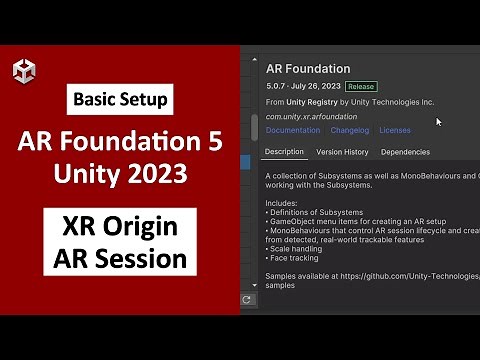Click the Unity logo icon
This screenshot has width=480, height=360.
pyautogui.click(x=23, y=71)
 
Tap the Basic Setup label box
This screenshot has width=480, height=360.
pyautogui.click(x=121, y=99)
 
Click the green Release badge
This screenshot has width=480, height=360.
pyautogui.click(x=360, y=87)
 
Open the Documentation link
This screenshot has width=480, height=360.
pyautogui.click(x=293, y=130)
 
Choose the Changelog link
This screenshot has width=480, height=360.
pyautogui.click(x=350, y=130)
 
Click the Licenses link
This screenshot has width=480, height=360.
pyautogui.click(x=395, y=130)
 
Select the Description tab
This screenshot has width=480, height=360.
pyautogui.click(x=284, y=152)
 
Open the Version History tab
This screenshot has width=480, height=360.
pyautogui.click(x=342, y=152)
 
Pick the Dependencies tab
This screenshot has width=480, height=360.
pyautogui.click(x=405, y=152)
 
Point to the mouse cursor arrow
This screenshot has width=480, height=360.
pyautogui.click(x=439, y=121)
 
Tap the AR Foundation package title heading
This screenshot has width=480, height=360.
pyautogui.click(x=308, y=69)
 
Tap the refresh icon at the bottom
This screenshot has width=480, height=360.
pyautogui.click(x=248, y=298)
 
